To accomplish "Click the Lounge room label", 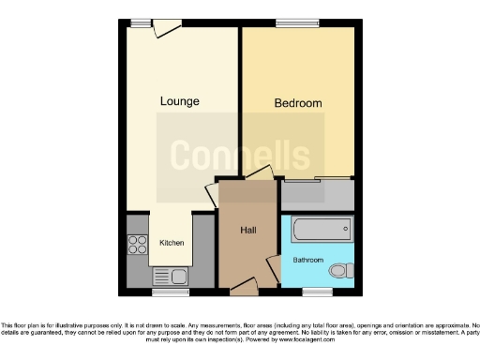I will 178,100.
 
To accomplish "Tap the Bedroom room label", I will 297,103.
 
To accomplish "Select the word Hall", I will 247,231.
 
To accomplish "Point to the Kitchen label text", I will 172,243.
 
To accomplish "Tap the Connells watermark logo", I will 240,155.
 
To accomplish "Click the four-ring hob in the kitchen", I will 138,245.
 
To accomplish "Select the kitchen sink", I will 178,276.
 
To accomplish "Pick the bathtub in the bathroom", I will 321,230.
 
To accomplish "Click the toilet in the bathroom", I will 339,270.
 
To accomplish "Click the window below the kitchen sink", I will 176,292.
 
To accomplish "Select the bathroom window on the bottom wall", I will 318,292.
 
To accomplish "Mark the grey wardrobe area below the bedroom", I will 317,195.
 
